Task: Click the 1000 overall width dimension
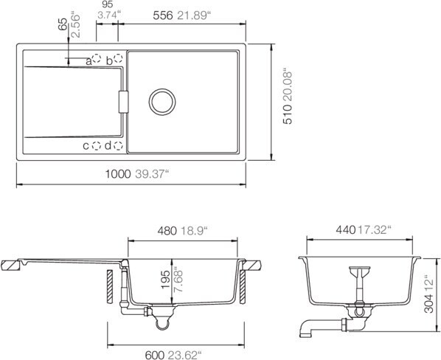(118, 174)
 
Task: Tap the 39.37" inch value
(152, 174)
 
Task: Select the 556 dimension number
(162, 15)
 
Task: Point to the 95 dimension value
(108, 4)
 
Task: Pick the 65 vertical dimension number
(63, 24)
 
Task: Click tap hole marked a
(97, 58)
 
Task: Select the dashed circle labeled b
(119, 58)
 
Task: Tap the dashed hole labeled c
(97, 145)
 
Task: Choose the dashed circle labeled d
(118, 145)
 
